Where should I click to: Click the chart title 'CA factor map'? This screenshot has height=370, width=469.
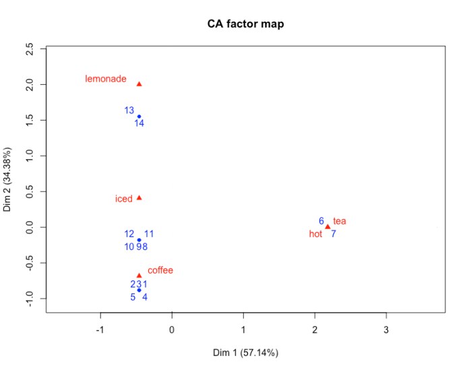coord(246,25)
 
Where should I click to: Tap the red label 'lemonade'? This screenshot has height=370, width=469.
coord(106,79)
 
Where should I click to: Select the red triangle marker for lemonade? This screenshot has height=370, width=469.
coord(139,84)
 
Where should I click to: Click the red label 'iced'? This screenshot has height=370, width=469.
coord(124,199)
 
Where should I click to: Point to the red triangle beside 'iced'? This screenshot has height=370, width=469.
coord(139,198)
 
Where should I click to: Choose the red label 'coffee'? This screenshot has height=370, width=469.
coord(160,270)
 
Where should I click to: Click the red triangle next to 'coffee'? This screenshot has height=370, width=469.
coord(139,275)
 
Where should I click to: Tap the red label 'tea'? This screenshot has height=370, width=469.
coord(340,221)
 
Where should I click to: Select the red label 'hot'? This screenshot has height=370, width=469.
coord(315,235)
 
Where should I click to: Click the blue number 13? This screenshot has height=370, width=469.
coord(129,110)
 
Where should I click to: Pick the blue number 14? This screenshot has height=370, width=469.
coord(139,123)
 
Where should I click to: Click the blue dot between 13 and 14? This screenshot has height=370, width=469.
coord(139,117)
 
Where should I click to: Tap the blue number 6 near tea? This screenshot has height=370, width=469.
coord(321,220)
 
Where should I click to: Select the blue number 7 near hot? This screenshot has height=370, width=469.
coord(333,235)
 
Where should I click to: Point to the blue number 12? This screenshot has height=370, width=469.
coord(129,234)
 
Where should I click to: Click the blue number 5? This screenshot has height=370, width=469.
coord(133,297)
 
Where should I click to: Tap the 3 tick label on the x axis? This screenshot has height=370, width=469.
coord(386,330)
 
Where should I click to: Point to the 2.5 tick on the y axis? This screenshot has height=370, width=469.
coord(29,49)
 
